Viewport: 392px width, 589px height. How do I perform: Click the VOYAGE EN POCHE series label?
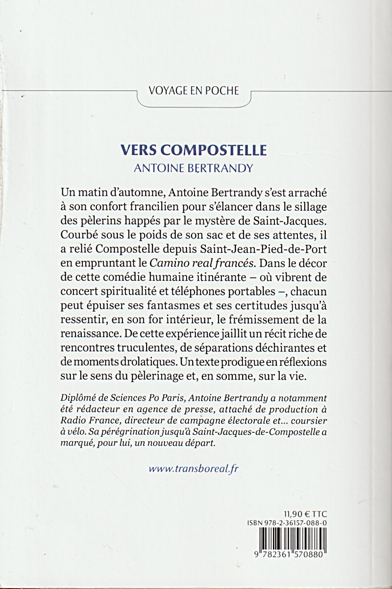(x=193, y=91)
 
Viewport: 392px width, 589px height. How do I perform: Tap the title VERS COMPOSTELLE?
(x=193, y=149)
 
